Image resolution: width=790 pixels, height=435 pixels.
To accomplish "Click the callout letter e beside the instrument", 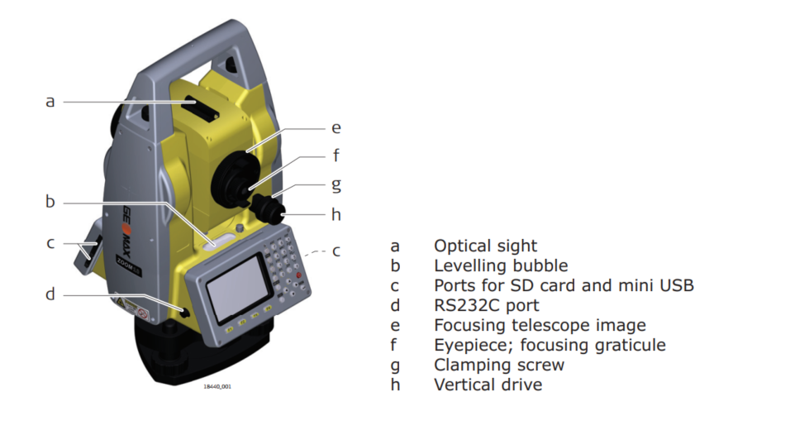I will [336, 128].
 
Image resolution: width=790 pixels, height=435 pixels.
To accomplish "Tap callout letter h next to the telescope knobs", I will [336, 214].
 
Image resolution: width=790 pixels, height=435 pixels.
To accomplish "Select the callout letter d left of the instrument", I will [50, 294].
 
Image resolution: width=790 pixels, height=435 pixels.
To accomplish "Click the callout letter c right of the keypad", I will [336, 251].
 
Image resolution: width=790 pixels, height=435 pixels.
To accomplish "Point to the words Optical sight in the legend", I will [485, 246].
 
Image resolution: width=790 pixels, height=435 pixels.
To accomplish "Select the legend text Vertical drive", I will [488, 385].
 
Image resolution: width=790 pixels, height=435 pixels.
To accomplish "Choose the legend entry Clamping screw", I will [499, 365].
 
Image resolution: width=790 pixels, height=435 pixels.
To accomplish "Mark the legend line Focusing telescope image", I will [540, 325].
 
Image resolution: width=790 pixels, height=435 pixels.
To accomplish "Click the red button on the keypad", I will [297, 273].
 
